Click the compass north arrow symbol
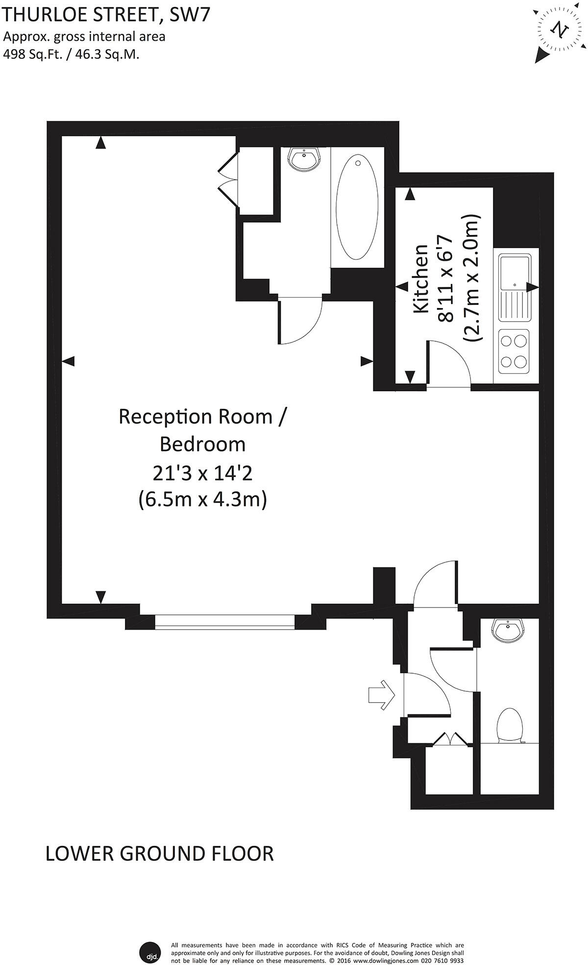pyautogui.click(x=560, y=29)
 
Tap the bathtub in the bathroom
pyautogui.click(x=357, y=207)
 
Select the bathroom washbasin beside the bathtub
pyautogui.click(x=304, y=159)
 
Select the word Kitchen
pyautogui.click(x=421, y=279)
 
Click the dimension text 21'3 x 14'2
pyautogui.click(x=202, y=473)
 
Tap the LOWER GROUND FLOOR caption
pyautogui.click(x=159, y=854)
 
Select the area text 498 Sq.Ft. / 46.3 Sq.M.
pyautogui.click(x=71, y=54)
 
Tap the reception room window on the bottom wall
pyautogui.click(x=225, y=621)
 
